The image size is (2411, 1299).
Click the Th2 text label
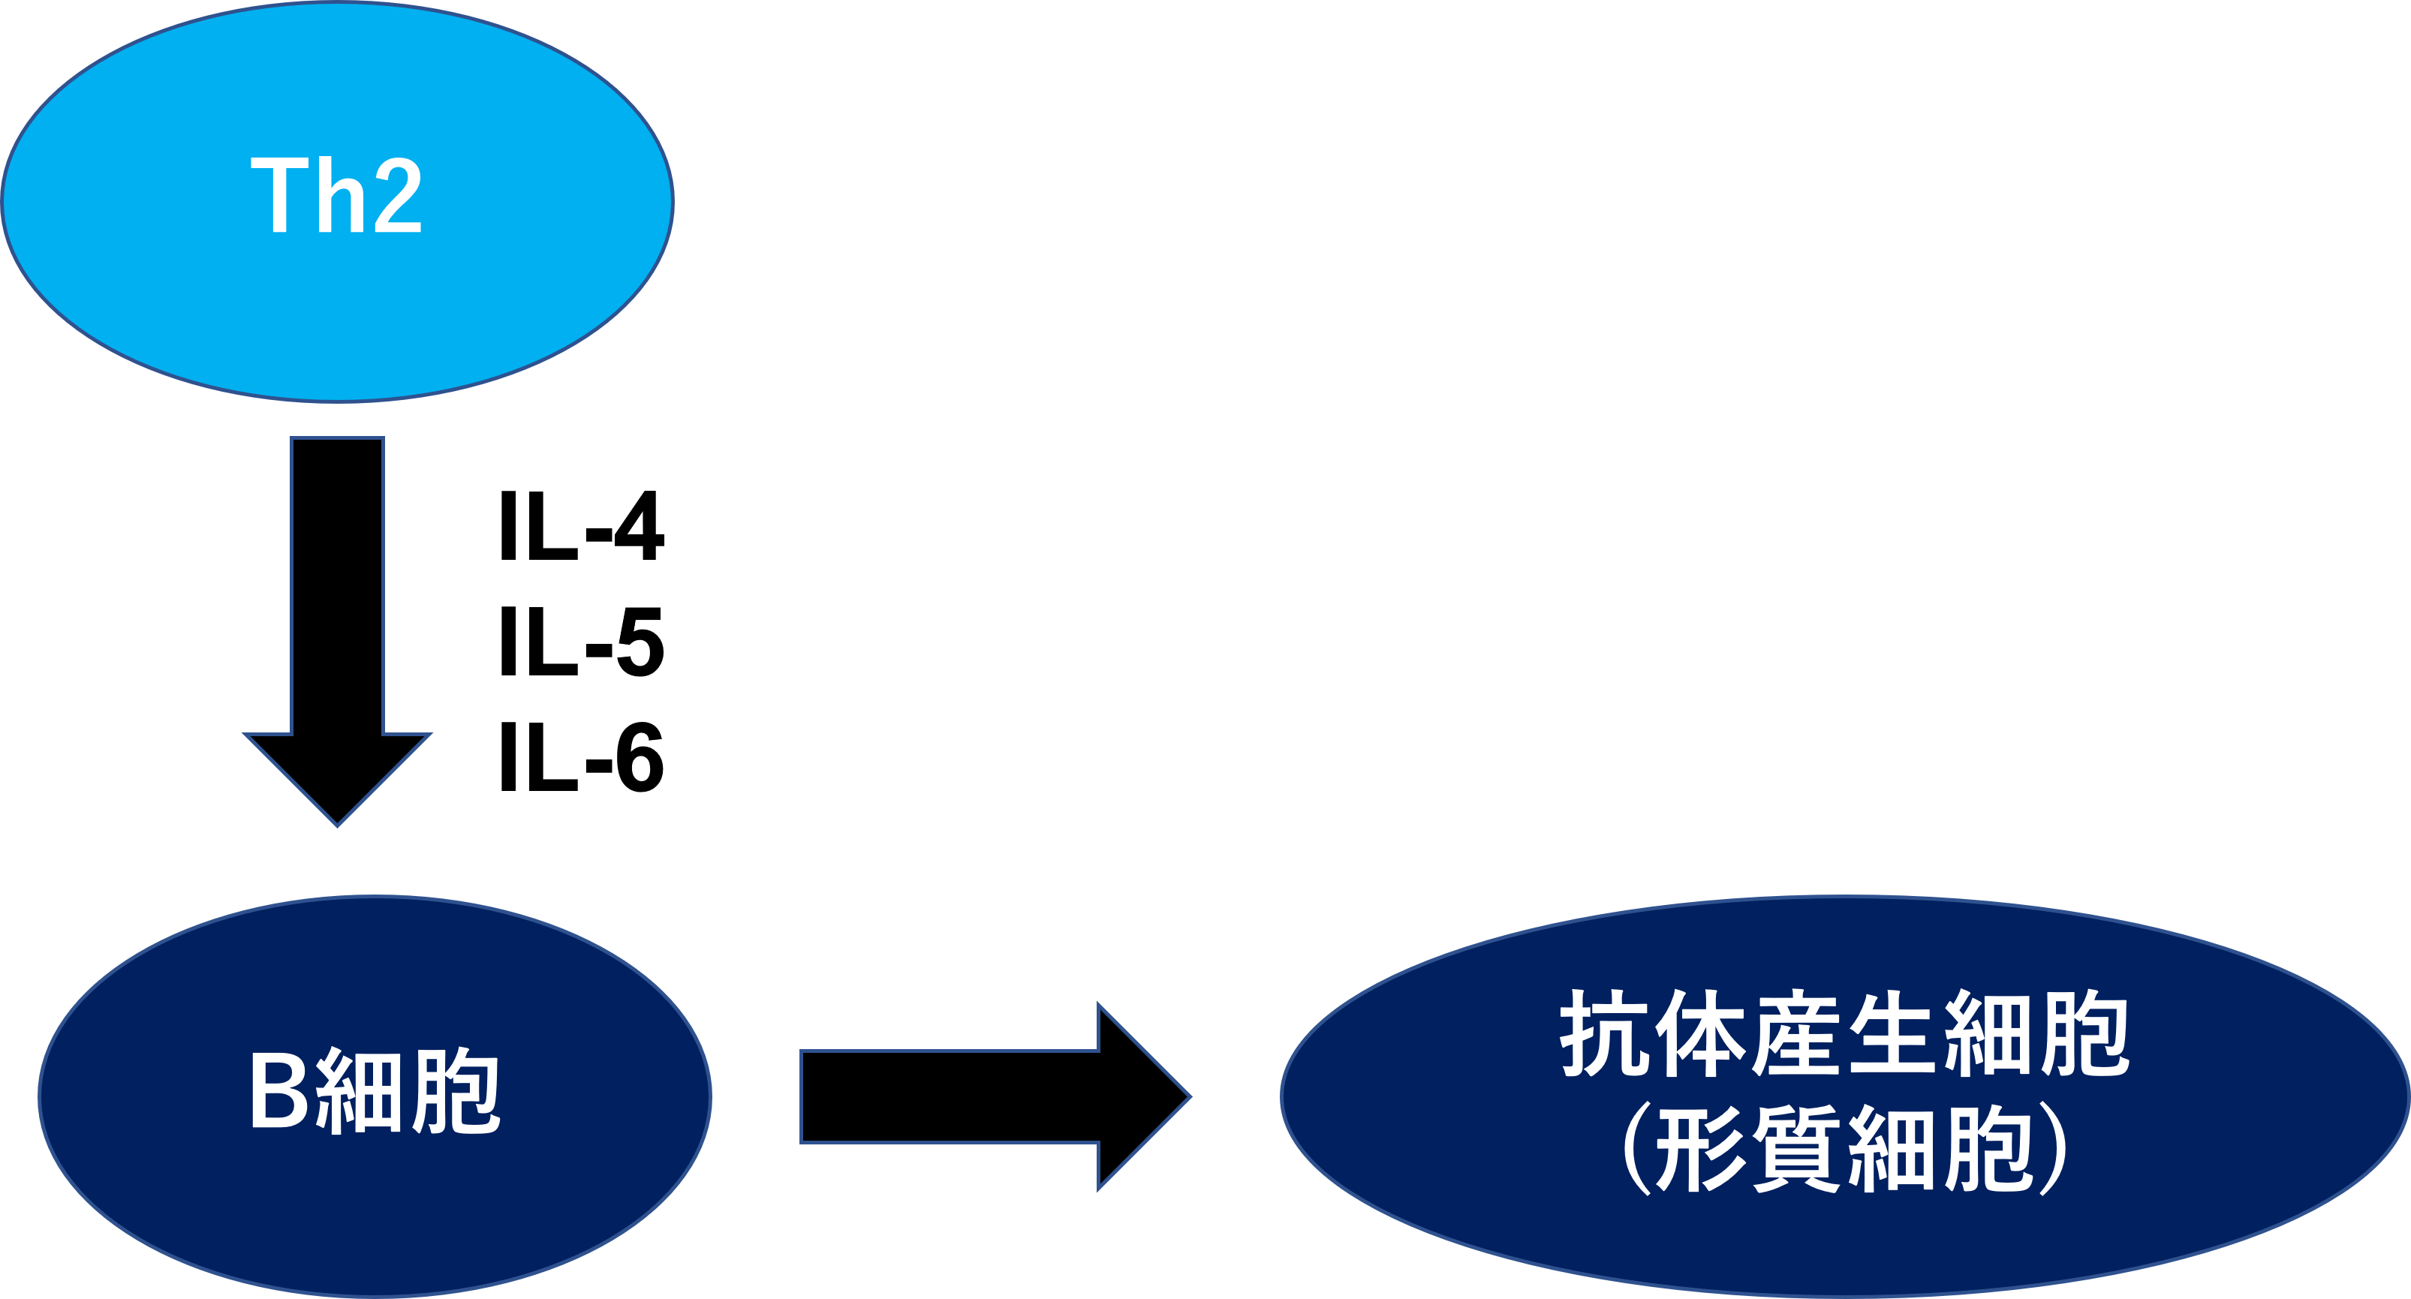[x=336, y=196]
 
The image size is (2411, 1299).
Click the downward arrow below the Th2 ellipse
[x=337, y=609]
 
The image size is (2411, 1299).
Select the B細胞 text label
[x=375, y=1091]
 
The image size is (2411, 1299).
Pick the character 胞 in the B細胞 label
[x=456, y=1091]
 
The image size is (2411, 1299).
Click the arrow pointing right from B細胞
[x=983, y=1097]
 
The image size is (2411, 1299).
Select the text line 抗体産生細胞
[x=1844, y=1034]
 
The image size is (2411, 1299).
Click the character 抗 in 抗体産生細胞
[x=1604, y=1034]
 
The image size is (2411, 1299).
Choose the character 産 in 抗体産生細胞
[x=1796, y=1034]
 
